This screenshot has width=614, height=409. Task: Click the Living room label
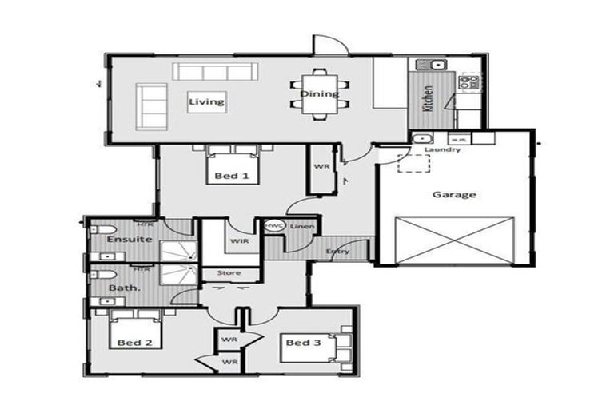205,102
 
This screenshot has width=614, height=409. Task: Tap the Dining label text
319,93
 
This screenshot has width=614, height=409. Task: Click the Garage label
454,194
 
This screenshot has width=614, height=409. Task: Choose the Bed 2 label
134,343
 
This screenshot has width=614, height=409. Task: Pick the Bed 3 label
303,343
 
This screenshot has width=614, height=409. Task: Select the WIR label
238,240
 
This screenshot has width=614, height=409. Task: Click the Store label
229,273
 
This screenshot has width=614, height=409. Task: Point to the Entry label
337,252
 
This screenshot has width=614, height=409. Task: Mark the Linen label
301,228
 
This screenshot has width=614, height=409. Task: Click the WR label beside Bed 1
321,167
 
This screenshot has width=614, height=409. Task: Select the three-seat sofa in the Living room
213,72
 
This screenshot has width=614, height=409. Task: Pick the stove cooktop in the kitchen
469,80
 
